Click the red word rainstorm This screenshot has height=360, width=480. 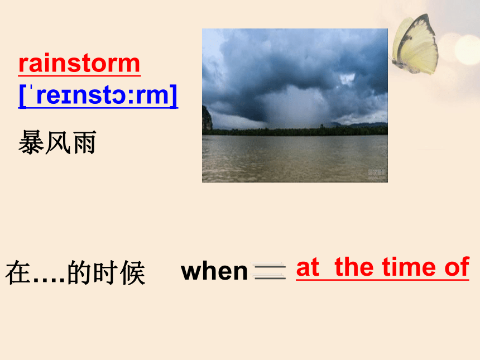(x=79, y=64)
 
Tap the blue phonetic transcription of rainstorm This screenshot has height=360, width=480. (x=98, y=96)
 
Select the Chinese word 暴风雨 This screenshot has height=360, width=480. (x=57, y=142)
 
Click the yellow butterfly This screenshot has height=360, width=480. (x=415, y=45)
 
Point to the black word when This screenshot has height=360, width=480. (x=214, y=271)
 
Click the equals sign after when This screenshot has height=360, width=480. (x=268, y=271)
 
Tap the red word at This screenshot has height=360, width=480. (x=308, y=267)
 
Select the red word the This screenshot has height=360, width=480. (x=354, y=267)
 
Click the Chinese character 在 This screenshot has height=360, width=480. (x=18, y=273)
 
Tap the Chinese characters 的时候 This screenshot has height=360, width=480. (x=106, y=273)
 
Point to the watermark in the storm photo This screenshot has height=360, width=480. (x=377, y=174)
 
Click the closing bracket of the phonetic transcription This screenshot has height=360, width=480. (x=174, y=96)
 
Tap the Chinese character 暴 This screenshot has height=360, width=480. (x=31, y=142)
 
